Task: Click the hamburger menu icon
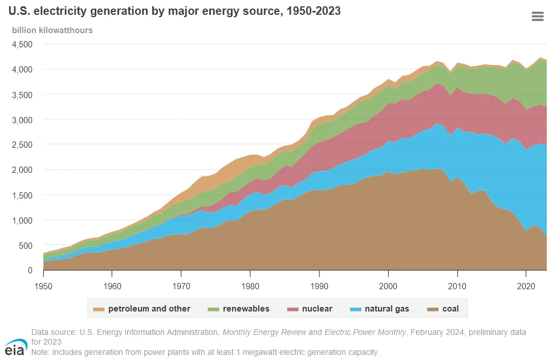tap(537, 17)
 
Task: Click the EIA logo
tap(15, 346)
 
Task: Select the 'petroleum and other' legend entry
tap(143, 309)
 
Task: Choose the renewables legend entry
tap(240, 309)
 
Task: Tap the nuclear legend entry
tap(312, 309)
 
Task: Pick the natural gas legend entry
tap(380, 309)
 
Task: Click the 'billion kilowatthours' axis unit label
tap(52, 30)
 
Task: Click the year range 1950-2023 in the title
tap(312, 11)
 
